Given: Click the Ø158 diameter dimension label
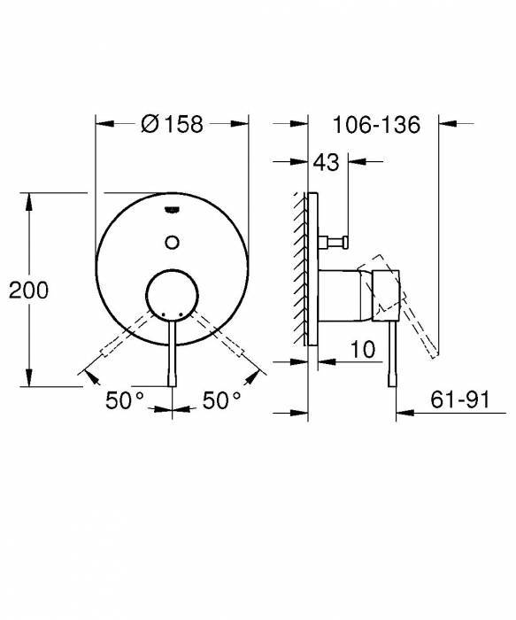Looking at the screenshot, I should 172,125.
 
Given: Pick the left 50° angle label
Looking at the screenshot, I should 125,400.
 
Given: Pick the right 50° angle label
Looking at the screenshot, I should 222,400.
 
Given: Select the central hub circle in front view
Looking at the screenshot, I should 172,293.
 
